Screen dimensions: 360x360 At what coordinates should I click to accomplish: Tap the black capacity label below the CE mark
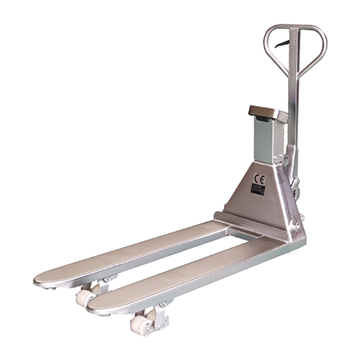coord(258,189)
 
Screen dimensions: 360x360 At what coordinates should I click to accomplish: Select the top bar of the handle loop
coord(295,28)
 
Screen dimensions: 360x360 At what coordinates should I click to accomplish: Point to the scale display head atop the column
coord(268,113)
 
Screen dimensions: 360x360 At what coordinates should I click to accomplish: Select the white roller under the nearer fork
coord(140,324)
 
